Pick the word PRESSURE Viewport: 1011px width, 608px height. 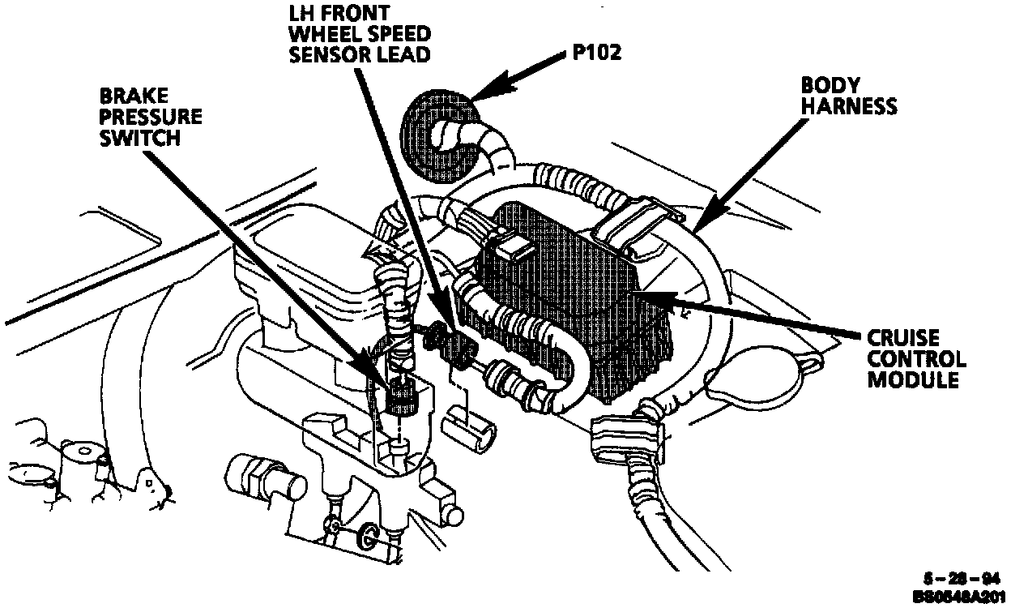[x=151, y=118]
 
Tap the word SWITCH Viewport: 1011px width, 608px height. [x=139, y=138]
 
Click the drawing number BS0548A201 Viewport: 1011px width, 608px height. [x=959, y=597]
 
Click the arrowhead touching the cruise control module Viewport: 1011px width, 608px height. [x=640, y=298]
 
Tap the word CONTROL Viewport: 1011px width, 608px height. [x=917, y=358]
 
